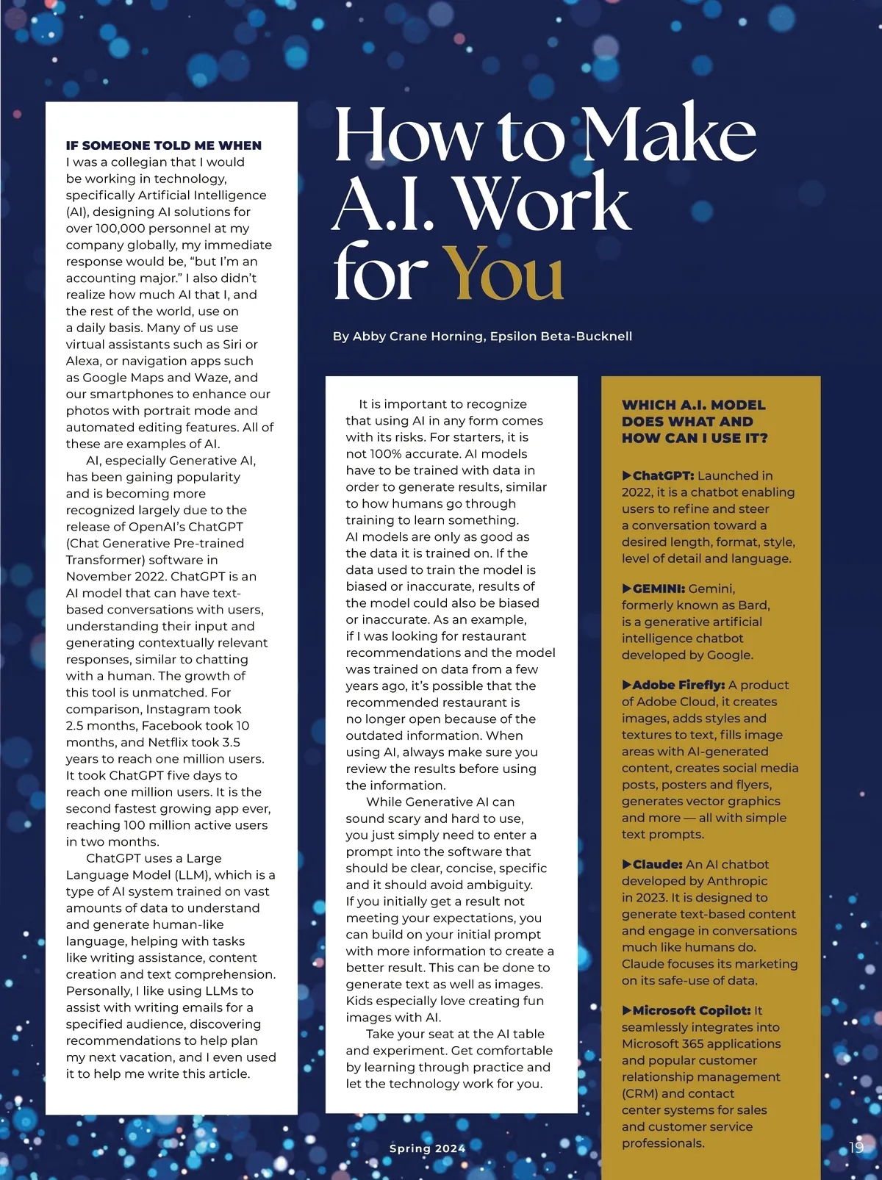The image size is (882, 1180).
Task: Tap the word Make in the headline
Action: click(x=669, y=137)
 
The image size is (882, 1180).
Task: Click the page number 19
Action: click(x=856, y=1147)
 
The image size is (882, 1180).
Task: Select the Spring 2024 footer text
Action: click(x=427, y=1148)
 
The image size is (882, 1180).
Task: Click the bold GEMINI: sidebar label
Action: click(x=659, y=589)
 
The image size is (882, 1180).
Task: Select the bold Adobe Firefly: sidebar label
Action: click(x=678, y=685)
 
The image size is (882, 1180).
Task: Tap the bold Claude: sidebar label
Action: click(x=657, y=865)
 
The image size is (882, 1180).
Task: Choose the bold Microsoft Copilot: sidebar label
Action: click(x=691, y=1011)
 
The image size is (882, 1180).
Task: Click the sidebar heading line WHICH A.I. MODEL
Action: click(x=694, y=405)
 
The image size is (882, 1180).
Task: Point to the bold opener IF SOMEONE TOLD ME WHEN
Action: click(x=163, y=145)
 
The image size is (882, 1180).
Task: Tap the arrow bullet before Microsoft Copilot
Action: click(x=626, y=1011)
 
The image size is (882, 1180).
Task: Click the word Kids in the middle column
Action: click(x=359, y=1001)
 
